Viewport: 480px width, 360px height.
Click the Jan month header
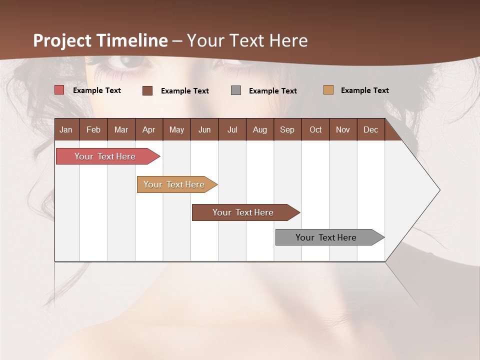66,129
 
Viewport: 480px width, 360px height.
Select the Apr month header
149,129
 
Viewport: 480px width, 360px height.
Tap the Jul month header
232,129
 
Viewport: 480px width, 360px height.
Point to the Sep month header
287,129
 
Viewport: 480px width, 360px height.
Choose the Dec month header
370,129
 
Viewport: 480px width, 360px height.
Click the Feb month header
93,129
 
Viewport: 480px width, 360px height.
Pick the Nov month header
343,129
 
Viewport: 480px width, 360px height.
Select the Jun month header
204,129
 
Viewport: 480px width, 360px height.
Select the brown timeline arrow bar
243,212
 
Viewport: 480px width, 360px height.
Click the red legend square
59,90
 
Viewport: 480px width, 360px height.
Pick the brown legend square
147,90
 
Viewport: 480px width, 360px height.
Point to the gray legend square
236,90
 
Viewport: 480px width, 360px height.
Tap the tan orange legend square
328,90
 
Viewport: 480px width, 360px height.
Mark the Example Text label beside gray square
273,91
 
